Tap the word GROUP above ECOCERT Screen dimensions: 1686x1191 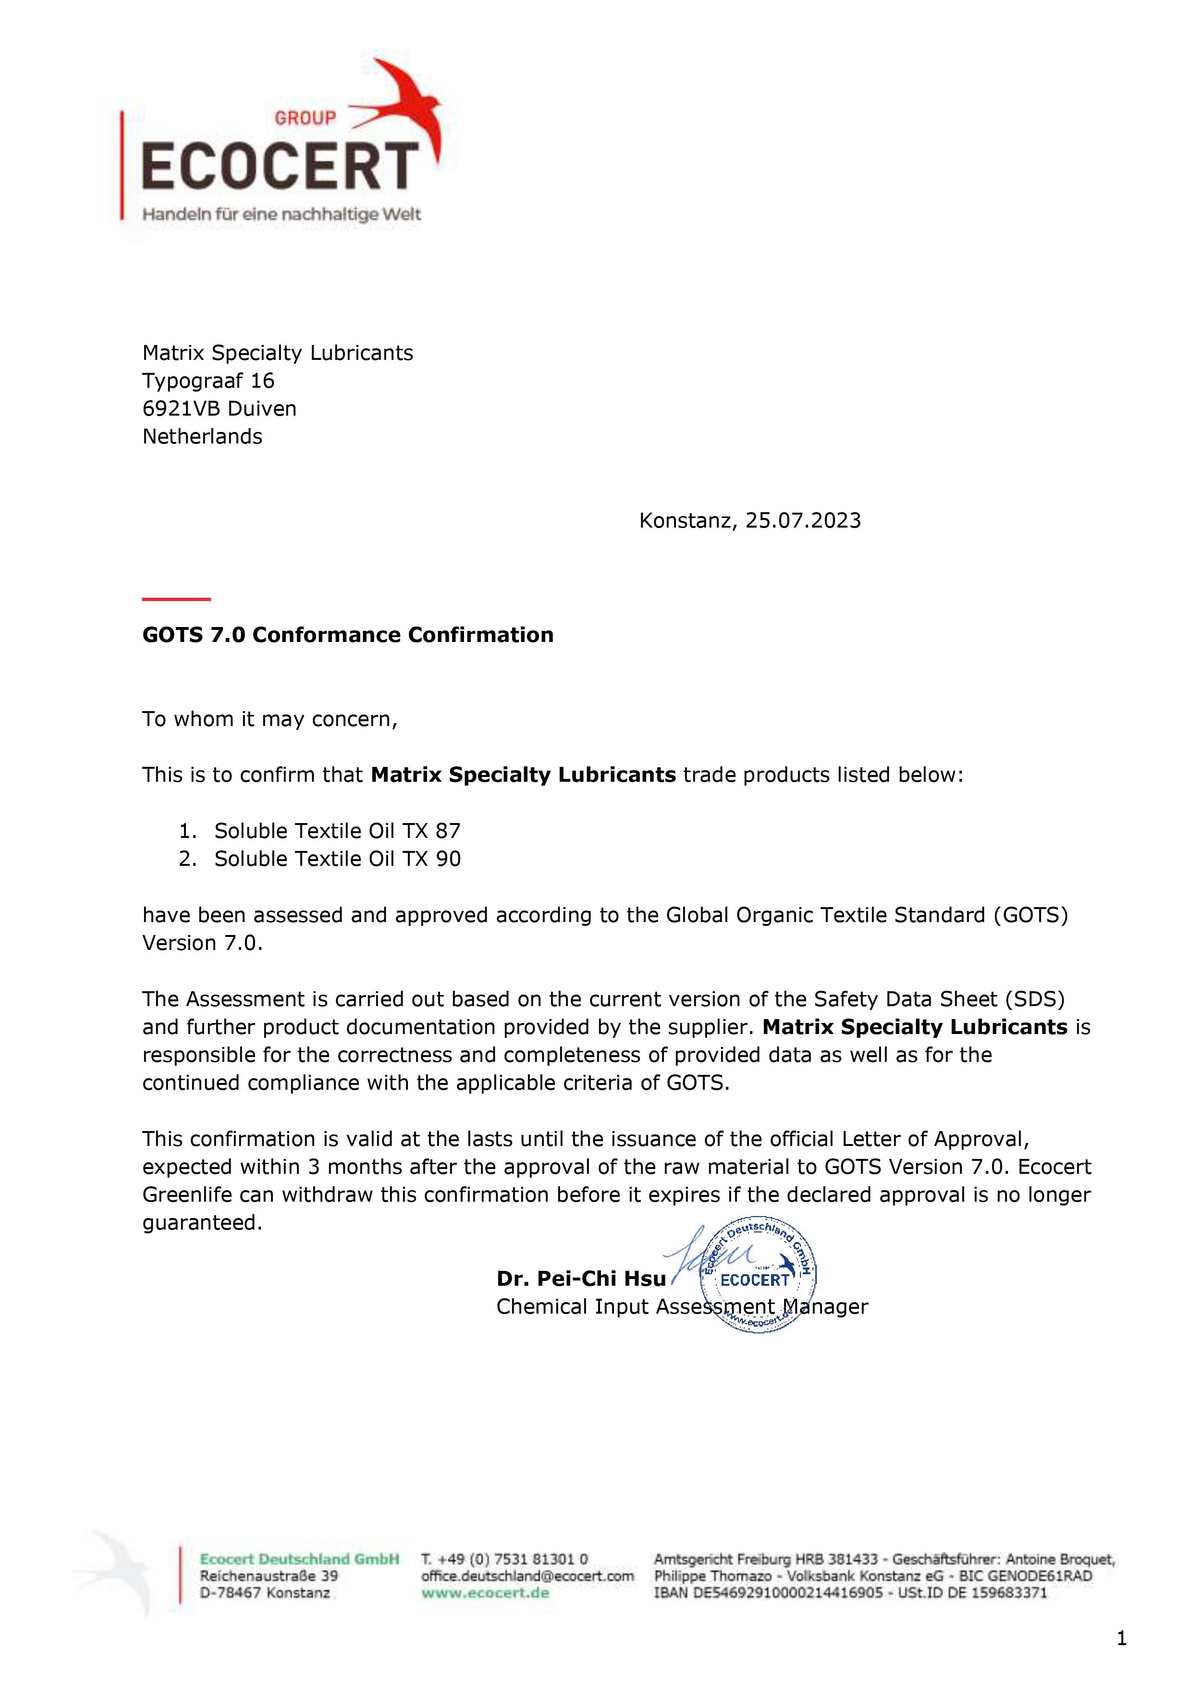(x=305, y=118)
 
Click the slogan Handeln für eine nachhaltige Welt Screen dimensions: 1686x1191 (x=281, y=214)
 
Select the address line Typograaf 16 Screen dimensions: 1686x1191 (x=208, y=381)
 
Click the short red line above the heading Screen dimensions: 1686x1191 (x=176, y=599)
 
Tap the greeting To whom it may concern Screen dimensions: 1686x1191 (x=270, y=719)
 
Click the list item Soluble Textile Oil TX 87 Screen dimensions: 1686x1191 (x=337, y=831)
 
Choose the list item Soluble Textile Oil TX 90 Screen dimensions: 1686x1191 (x=337, y=859)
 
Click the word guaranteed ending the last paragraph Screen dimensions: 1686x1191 (x=202, y=1223)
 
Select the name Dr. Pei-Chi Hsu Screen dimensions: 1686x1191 (x=581, y=1279)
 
